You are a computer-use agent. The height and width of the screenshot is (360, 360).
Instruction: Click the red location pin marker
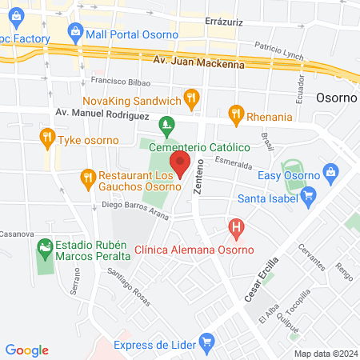[180, 163]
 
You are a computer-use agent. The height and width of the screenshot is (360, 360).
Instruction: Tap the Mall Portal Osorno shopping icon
[77, 33]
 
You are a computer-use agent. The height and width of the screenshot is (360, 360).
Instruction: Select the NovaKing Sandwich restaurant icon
[190, 99]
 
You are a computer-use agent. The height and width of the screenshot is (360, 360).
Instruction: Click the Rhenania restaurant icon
[235, 115]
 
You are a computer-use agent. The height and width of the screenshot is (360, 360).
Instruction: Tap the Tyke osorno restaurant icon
[46, 138]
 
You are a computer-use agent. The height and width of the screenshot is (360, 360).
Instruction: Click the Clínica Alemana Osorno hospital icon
[236, 229]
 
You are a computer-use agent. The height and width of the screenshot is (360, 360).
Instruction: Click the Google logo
[27, 350]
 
